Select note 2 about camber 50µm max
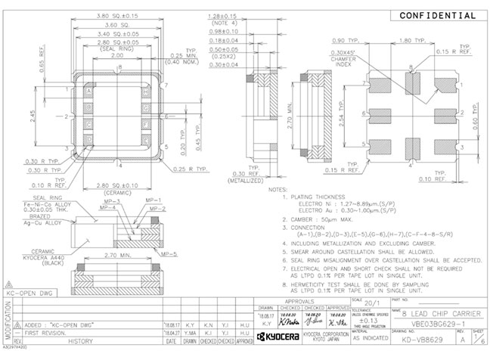coord(318,219)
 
